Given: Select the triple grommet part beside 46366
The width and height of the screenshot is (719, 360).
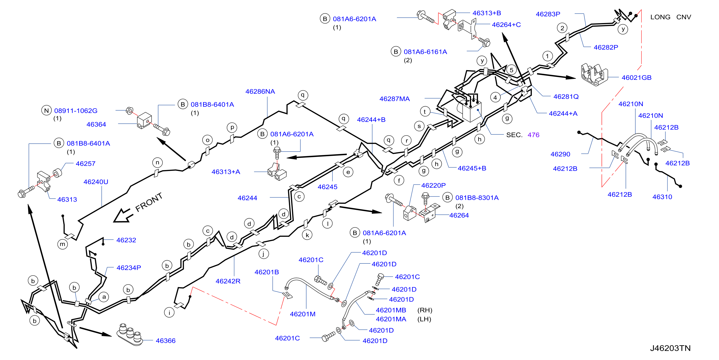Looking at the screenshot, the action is [130, 335].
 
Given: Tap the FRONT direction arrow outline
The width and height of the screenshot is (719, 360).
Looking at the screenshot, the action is [123, 215].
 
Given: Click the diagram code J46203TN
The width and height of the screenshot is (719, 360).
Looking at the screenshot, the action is [670, 348].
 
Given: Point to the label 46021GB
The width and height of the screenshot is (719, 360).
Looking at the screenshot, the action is [636, 78].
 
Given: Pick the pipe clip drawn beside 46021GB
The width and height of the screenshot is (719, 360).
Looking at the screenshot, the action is [594, 74].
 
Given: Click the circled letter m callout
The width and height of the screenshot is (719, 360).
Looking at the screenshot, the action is [63, 244].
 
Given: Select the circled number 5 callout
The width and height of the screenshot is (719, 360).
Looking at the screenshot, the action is [511, 70].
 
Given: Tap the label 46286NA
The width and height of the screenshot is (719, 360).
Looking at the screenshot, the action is [260, 91].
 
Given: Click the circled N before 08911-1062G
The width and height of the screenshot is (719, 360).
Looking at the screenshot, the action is [47, 111].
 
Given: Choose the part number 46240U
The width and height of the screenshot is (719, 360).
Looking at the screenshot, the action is [96, 182].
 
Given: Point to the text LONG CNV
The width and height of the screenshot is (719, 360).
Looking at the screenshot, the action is [670, 17].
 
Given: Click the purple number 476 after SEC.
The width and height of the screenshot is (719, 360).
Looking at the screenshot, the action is [533, 135].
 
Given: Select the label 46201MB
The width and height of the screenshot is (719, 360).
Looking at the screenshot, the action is [391, 310].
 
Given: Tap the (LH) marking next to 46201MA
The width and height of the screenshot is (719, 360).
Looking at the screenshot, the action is [424, 319].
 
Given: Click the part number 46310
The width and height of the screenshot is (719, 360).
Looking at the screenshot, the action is [662, 197].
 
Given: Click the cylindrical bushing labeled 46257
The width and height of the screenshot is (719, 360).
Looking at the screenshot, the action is [57, 173].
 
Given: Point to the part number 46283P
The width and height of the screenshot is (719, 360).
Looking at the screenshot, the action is [548, 14].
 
